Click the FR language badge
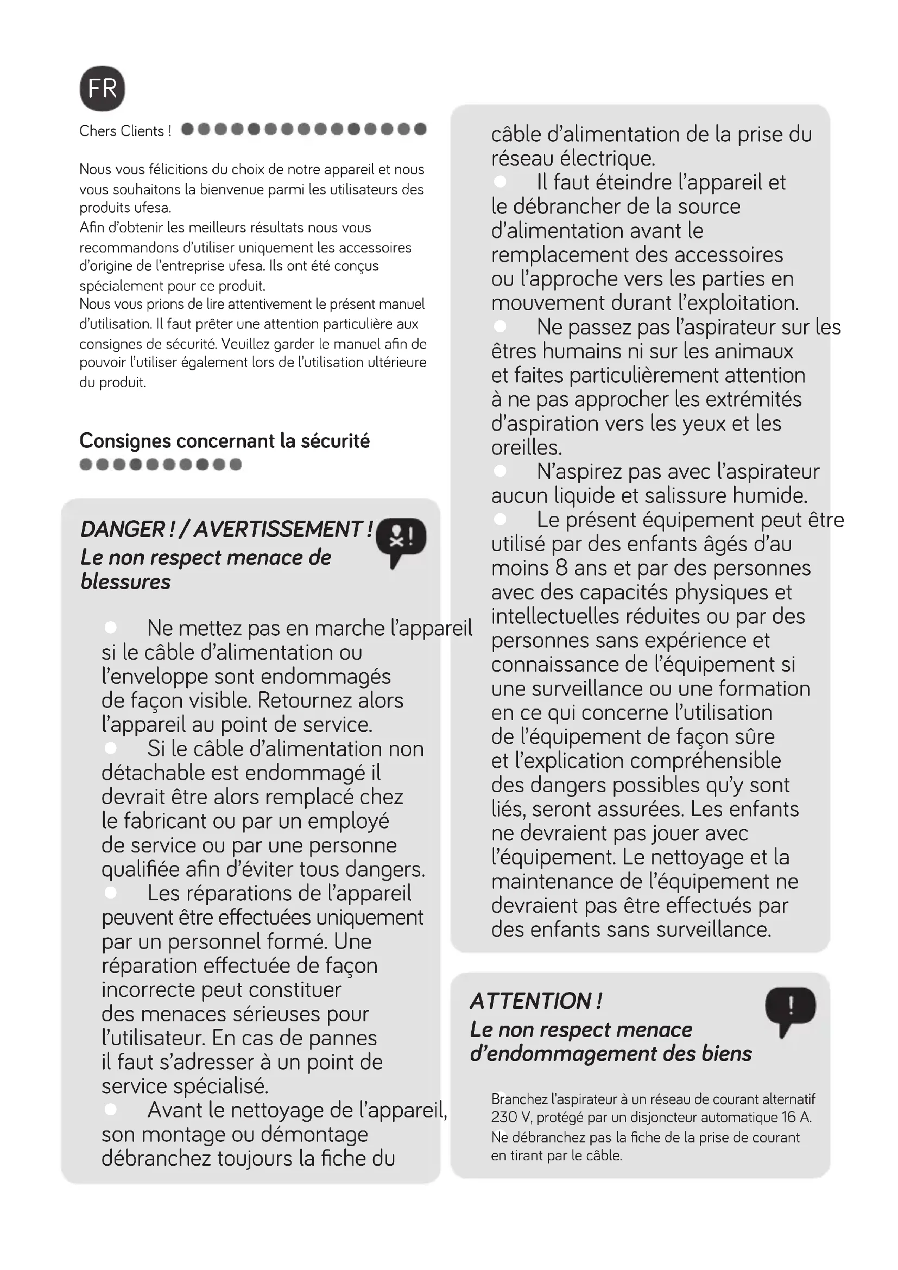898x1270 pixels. [x=102, y=89]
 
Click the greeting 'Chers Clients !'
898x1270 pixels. [x=125, y=131]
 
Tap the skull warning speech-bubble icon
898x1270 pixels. [x=401, y=540]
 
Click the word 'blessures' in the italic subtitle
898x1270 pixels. [x=125, y=582]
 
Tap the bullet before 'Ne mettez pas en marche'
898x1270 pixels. [x=111, y=627]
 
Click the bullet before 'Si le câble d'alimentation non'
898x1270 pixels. [x=111, y=748]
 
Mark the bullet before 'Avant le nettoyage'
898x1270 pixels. [x=111, y=1109]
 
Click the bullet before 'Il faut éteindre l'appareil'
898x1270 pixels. [x=501, y=181]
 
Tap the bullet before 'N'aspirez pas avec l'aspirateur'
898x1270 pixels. [x=501, y=471]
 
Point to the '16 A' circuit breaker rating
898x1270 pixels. [x=796, y=1117]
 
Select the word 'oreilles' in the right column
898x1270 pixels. [x=526, y=447]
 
